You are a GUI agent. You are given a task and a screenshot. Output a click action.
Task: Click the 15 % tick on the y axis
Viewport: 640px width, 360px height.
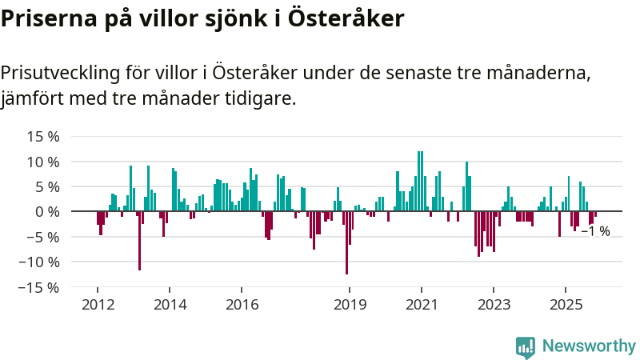pyautogui.click(x=44, y=137)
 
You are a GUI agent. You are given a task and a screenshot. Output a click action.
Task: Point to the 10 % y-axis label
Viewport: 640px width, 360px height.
pyautogui.click(x=44, y=162)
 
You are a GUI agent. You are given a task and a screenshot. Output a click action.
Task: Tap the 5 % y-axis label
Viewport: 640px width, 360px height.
pyautogui.click(x=48, y=186)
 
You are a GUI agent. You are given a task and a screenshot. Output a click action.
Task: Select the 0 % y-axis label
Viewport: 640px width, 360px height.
pyautogui.click(x=48, y=212)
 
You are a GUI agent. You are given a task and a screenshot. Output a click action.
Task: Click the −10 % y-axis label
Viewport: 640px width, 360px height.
pyautogui.click(x=39, y=262)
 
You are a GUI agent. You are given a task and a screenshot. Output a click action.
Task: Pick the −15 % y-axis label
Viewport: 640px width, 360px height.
pyautogui.click(x=39, y=286)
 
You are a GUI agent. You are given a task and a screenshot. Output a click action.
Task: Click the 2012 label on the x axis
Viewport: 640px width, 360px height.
pyautogui.click(x=98, y=304)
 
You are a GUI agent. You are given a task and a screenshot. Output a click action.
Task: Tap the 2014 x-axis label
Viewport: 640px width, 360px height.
pyautogui.click(x=170, y=304)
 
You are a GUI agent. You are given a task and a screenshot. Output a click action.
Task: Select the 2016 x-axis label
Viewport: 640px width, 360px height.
pyautogui.click(x=242, y=304)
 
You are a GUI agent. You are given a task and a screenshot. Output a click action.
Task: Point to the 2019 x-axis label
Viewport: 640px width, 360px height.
pyautogui.click(x=350, y=304)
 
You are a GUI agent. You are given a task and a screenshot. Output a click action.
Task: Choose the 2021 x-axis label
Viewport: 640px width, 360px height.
pyautogui.click(x=422, y=304)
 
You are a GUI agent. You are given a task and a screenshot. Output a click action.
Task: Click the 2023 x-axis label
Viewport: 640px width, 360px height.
pyautogui.click(x=494, y=304)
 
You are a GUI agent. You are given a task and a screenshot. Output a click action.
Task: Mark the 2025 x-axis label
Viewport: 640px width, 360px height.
pyautogui.click(x=566, y=304)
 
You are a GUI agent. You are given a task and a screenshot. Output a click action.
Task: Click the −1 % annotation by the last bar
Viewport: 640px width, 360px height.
pyautogui.click(x=596, y=231)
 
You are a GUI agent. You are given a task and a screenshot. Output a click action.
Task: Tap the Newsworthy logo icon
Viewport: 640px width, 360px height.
pyautogui.click(x=526, y=346)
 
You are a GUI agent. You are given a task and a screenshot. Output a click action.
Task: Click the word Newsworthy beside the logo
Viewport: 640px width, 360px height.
pyautogui.click(x=589, y=346)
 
